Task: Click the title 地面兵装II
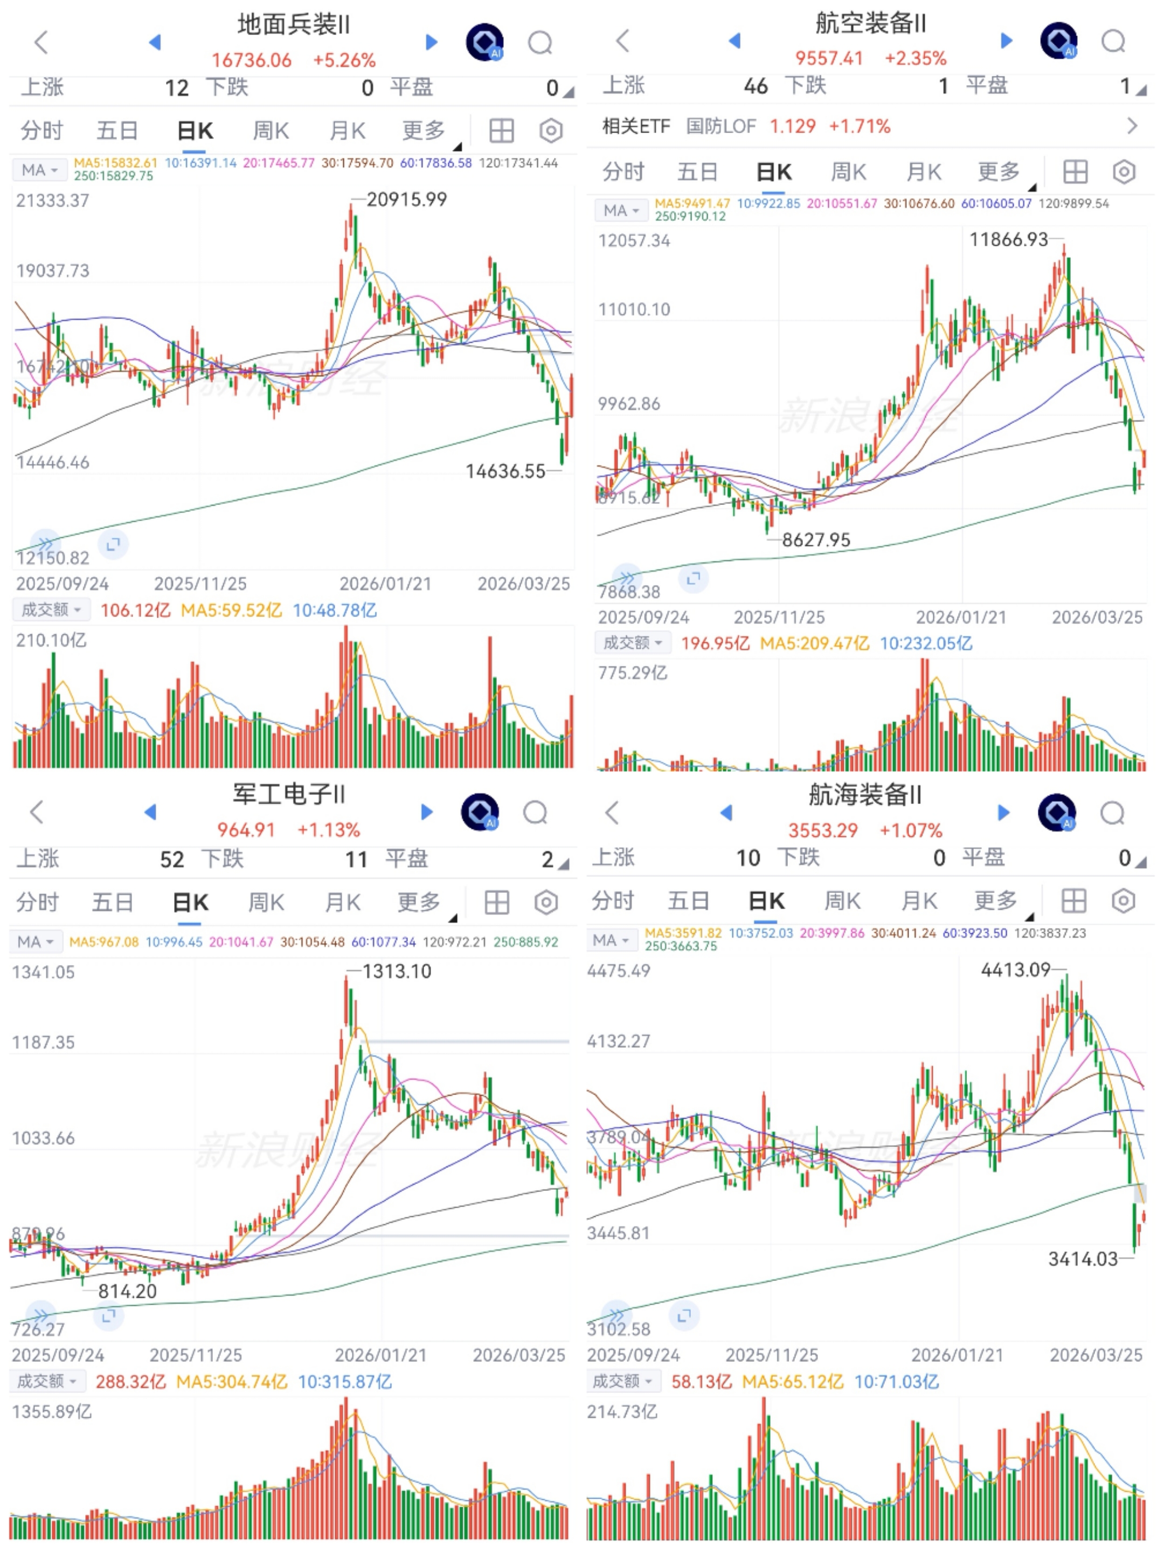293,25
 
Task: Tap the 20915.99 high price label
406,200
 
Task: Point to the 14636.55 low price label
505,472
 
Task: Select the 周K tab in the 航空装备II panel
848,172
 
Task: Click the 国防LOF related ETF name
720,126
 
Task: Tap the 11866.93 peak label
1008,240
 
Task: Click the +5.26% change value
344,60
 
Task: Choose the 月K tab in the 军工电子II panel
342,902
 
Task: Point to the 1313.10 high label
397,972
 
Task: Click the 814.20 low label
127,1292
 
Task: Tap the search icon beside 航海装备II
1112,813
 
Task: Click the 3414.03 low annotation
1083,1259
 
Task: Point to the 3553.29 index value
823,831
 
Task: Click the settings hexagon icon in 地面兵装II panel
551,130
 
